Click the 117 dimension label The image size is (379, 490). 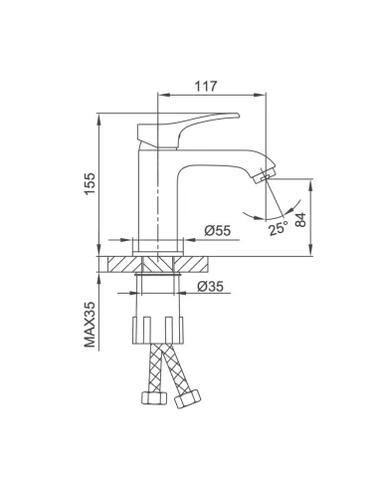pos(205,87)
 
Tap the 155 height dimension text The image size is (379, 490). pos(90,184)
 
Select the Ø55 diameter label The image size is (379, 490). pos(217,230)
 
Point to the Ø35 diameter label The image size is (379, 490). pos(210,286)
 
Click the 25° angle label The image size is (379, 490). pos(279,228)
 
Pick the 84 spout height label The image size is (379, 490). pos(300,219)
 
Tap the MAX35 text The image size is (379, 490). pos(90,325)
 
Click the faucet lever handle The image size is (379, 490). pos(186,130)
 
